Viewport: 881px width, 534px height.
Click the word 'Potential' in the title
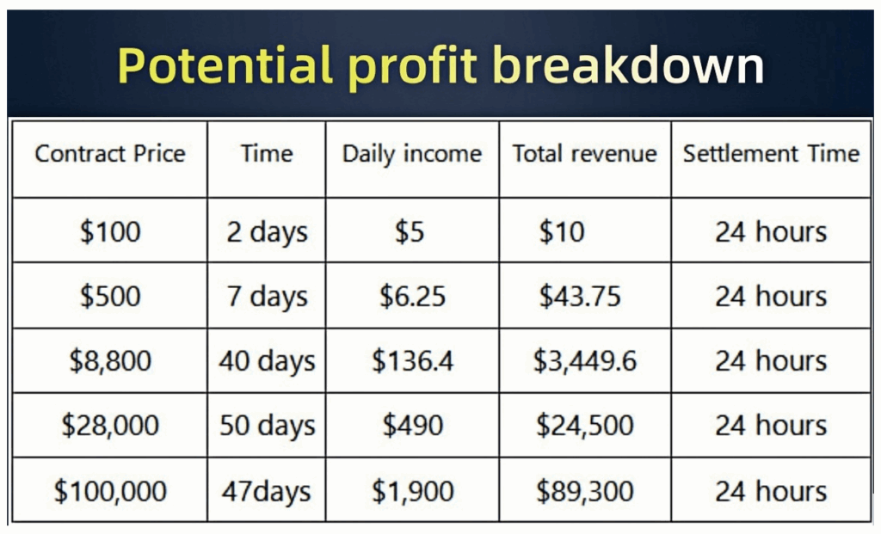[225, 65]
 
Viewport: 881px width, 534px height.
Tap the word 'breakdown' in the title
[629, 65]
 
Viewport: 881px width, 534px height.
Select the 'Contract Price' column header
[110, 153]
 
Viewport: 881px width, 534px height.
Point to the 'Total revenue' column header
[584, 153]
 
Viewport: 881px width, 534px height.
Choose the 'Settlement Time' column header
[771, 153]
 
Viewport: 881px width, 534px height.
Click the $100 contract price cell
[110, 231]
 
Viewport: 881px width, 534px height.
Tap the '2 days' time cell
[267, 232]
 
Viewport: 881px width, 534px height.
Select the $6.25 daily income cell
[412, 296]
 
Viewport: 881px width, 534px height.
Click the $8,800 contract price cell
[110, 360]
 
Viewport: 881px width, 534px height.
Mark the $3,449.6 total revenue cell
[584, 360]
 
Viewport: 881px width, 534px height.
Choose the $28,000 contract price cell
[110, 425]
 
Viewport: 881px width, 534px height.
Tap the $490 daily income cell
[412, 425]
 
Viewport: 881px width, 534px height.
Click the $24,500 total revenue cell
[584, 425]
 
